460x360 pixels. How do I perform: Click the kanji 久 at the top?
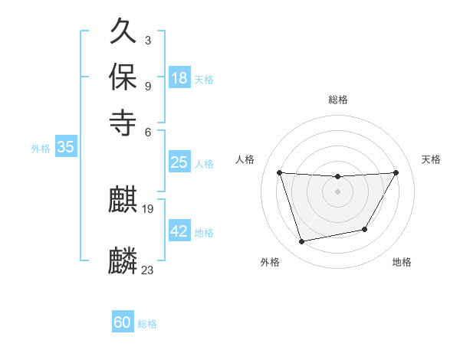tap(123, 33)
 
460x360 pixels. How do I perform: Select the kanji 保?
tap(123, 77)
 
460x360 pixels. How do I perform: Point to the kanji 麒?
tap(123, 201)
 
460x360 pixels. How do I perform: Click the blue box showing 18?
tap(179, 78)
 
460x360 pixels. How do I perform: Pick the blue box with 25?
tap(179, 162)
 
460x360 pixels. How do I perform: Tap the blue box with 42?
tap(179, 231)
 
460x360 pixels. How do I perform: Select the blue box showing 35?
tap(65, 148)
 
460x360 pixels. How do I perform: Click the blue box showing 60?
tap(123, 323)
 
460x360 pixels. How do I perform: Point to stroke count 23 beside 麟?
tap(148, 270)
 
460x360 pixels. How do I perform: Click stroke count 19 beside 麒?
tap(148, 208)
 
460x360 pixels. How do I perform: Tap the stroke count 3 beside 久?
tap(147, 38)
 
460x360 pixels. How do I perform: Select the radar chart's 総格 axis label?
tap(338, 100)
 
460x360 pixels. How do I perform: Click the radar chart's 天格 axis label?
tap(431, 159)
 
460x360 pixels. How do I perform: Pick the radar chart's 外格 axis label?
tap(270, 262)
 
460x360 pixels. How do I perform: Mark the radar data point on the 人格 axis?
tap(280, 172)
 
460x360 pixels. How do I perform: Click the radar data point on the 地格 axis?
tap(365, 229)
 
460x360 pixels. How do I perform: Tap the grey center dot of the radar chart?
tap(337, 191)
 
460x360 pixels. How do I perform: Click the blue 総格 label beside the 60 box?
tap(147, 324)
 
